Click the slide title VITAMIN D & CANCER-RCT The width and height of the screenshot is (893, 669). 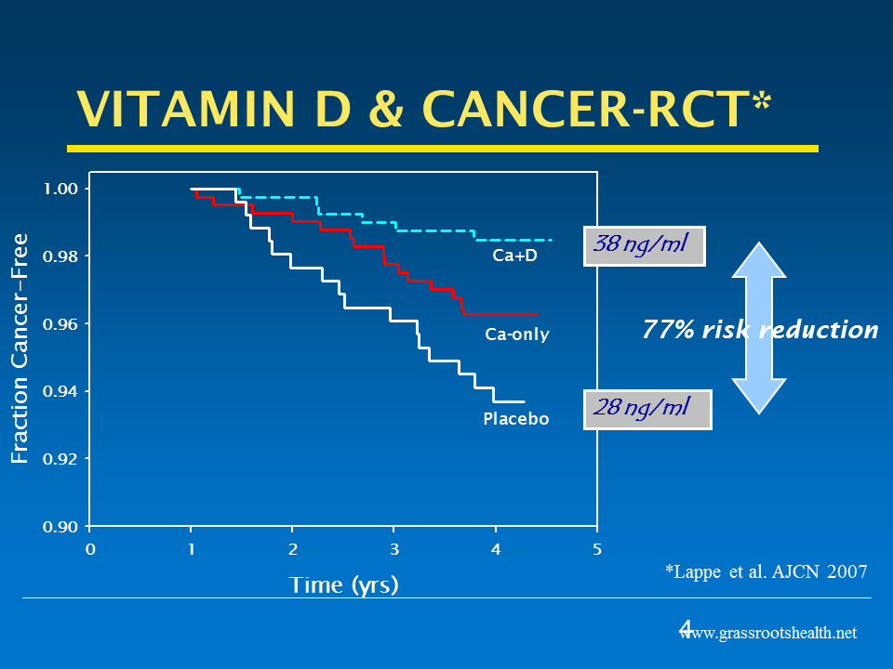(x=414, y=111)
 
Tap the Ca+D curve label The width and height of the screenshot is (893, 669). (x=514, y=256)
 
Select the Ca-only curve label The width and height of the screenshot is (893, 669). (x=517, y=334)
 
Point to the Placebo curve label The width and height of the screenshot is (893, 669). (x=516, y=419)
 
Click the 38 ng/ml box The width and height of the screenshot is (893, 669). (x=644, y=246)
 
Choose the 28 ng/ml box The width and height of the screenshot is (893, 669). (x=647, y=409)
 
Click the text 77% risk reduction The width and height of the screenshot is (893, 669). (x=760, y=330)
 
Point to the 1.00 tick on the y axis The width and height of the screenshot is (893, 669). (x=61, y=190)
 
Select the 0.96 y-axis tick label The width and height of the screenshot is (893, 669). (x=61, y=324)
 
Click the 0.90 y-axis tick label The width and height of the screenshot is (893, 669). (x=61, y=527)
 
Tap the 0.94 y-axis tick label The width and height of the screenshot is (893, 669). (x=61, y=392)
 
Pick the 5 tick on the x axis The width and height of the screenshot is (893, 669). (x=597, y=549)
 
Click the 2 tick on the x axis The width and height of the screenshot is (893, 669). (x=292, y=549)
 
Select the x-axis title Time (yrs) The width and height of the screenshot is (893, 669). (x=343, y=584)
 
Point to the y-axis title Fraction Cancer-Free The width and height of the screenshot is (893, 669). (x=20, y=348)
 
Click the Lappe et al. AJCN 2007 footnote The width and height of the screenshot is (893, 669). (x=766, y=572)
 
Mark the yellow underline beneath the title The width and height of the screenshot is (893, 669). (x=442, y=148)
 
